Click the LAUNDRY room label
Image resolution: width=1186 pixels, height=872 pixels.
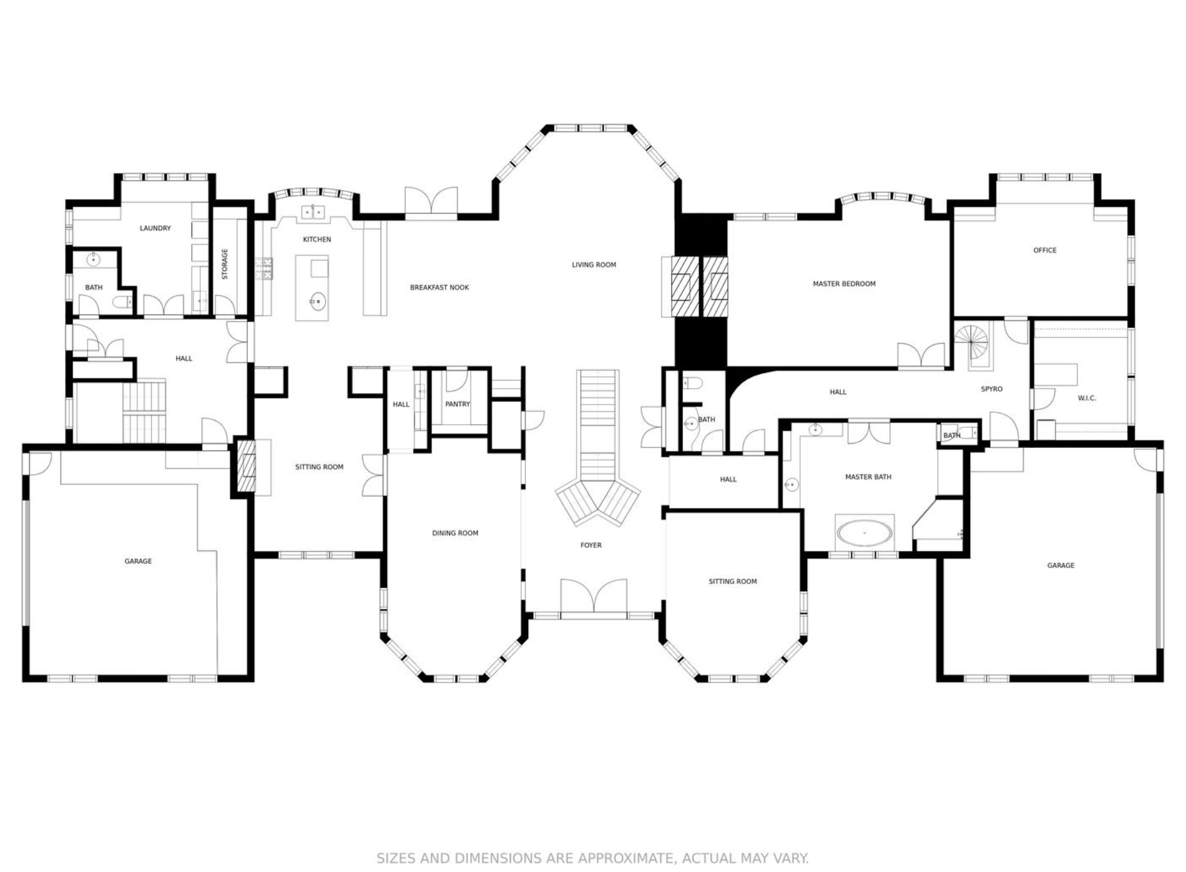click(155, 228)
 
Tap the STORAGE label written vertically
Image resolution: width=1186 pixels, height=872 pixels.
click(225, 264)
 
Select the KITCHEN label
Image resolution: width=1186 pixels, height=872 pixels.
click(317, 240)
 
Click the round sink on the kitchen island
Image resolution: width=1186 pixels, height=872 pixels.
click(318, 302)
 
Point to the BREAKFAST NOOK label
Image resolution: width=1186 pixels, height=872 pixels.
click(439, 288)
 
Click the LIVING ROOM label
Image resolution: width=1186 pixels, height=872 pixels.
click(594, 265)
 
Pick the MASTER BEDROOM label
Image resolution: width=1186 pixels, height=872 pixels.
click(844, 284)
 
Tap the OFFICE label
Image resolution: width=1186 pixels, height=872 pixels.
click(1045, 250)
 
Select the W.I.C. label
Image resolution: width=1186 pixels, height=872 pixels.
click(1087, 398)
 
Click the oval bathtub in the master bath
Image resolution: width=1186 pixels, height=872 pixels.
click(864, 533)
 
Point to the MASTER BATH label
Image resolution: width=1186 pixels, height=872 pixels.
click(868, 477)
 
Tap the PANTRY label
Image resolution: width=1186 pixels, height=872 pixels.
click(458, 404)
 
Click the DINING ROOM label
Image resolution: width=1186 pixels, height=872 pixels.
click(455, 534)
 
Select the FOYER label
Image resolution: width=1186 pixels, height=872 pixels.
click(591, 545)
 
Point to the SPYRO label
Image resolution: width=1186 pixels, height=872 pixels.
click(991, 389)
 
